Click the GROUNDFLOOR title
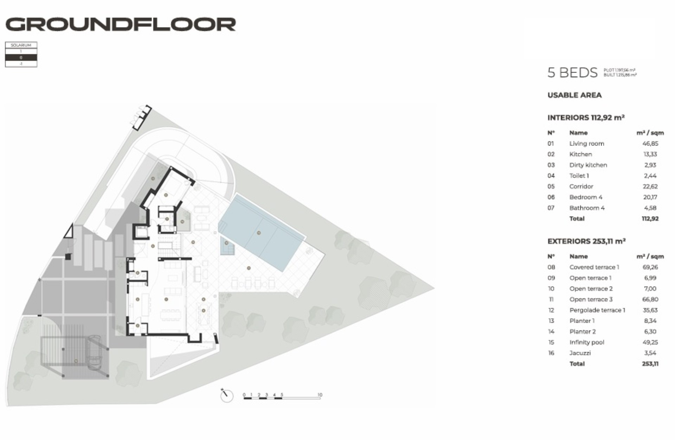(121, 24)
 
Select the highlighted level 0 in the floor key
(21, 57)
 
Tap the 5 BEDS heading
(572, 73)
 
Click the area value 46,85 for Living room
(650, 143)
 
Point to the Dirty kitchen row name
(588, 165)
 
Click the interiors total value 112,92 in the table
(650, 219)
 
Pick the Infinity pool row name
(586, 342)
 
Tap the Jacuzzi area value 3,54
(650, 353)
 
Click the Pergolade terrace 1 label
(597, 310)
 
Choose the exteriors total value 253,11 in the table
(650, 364)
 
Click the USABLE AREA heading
(574, 95)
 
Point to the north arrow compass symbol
(226, 395)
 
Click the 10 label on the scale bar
(320, 395)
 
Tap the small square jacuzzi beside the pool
(227, 245)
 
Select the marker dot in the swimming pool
(259, 233)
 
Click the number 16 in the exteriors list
(551, 353)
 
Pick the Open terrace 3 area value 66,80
(650, 299)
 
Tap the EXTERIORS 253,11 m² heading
(586, 241)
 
